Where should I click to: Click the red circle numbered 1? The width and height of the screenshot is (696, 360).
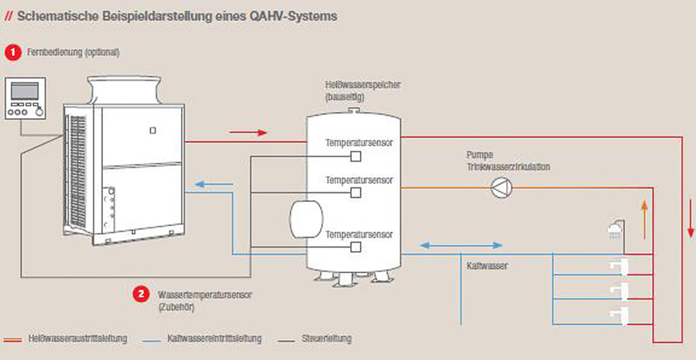12,52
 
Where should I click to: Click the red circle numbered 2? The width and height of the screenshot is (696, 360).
141,294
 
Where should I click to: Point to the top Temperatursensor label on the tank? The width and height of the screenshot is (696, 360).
358,143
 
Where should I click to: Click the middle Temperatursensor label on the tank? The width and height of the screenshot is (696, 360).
358,180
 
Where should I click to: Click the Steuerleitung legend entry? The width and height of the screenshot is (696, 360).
328,338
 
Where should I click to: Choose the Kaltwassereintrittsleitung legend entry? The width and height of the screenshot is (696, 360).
215,338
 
